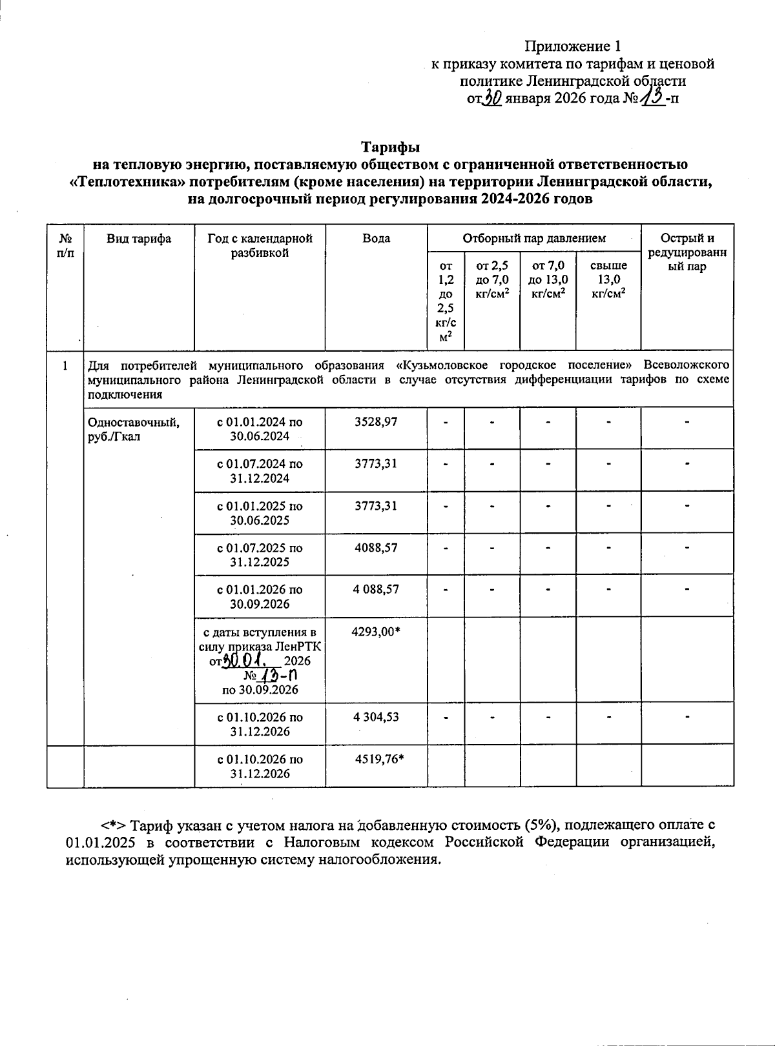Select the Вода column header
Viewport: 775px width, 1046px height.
tap(376, 239)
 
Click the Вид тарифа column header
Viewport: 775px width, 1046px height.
tap(139, 239)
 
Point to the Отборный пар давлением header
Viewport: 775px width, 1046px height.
tap(534, 239)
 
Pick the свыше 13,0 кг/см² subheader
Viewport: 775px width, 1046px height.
tap(608, 279)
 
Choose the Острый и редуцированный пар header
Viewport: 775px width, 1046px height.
tap(687, 252)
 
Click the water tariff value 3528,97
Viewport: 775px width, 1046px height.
tap(376, 422)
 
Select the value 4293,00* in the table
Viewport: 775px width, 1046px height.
tap(376, 632)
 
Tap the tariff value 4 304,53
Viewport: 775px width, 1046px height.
tap(376, 717)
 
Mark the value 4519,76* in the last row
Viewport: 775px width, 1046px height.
tap(380, 759)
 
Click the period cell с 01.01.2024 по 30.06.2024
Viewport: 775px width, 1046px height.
tap(260, 429)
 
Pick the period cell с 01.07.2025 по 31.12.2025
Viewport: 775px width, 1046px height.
tap(260, 555)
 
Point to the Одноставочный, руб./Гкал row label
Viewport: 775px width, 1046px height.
tap(134, 429)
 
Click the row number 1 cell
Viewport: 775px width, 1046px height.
tap(65, 366)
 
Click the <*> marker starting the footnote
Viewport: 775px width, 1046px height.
tap(111, 825)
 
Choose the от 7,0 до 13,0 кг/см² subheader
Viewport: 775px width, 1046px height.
tap(548, 279)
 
